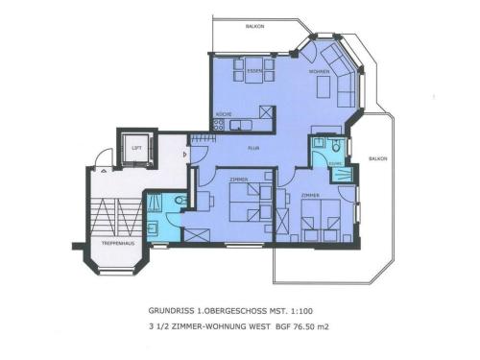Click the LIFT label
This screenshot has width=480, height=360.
click(136, 149)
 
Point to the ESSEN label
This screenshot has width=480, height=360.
click(254, 72)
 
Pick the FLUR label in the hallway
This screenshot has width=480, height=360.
click(253, 148)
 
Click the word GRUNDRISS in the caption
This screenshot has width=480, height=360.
click(171, 311)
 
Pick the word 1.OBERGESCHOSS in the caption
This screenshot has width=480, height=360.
click(235, 311)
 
